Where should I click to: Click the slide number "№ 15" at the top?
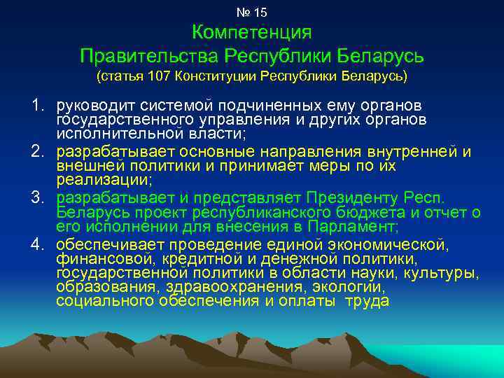coord(252,13)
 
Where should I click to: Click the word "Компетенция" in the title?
coord(251,33)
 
